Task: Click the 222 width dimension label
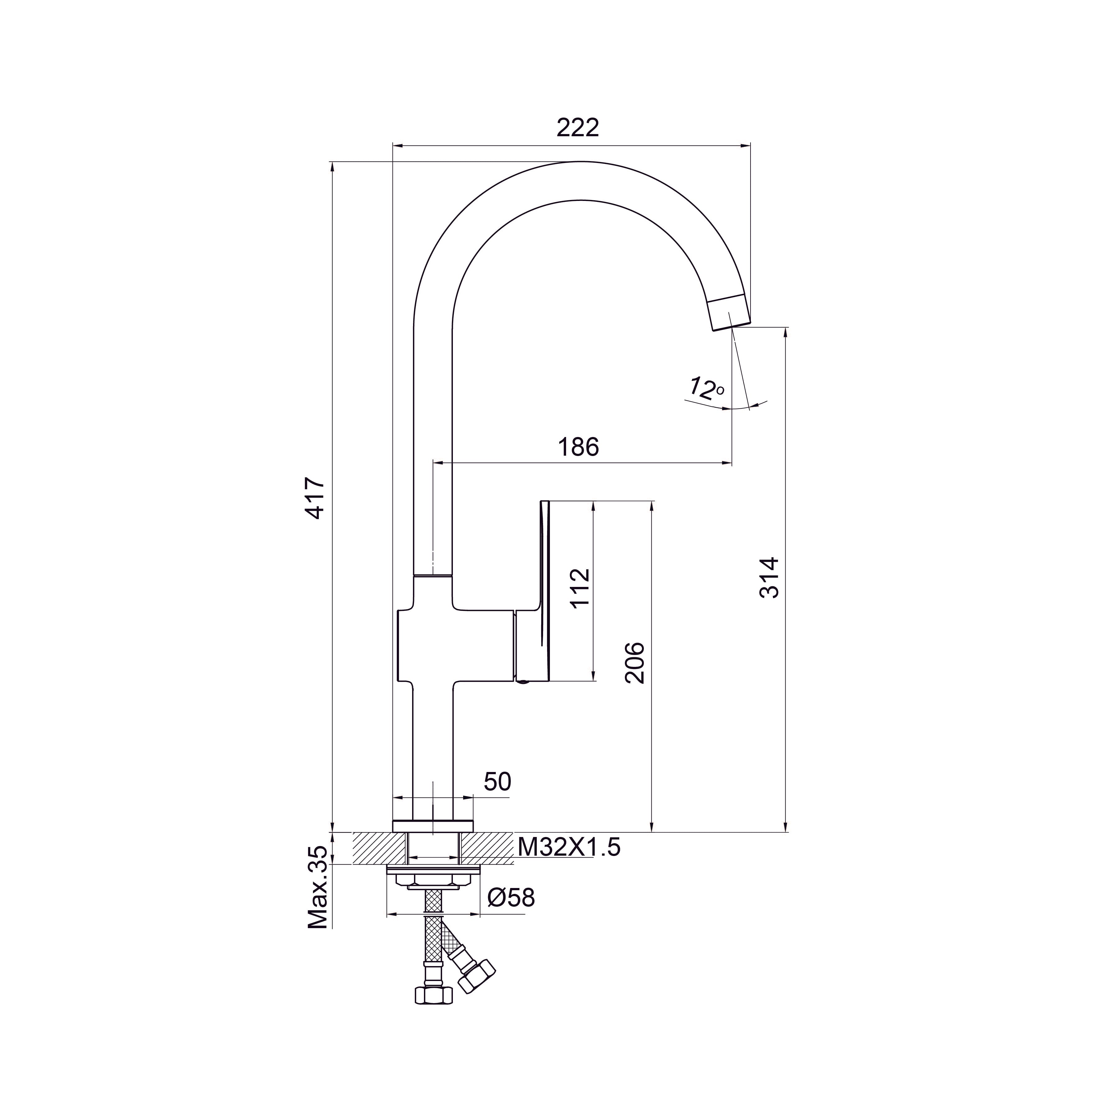coord(578,128)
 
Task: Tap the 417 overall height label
coord(315,498)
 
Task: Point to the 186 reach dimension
coord(579,447)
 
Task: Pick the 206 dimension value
coord(635,663)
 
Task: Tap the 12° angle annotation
coord(705,388)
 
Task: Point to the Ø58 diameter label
coord(511,898)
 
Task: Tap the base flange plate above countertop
coord(433,826)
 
